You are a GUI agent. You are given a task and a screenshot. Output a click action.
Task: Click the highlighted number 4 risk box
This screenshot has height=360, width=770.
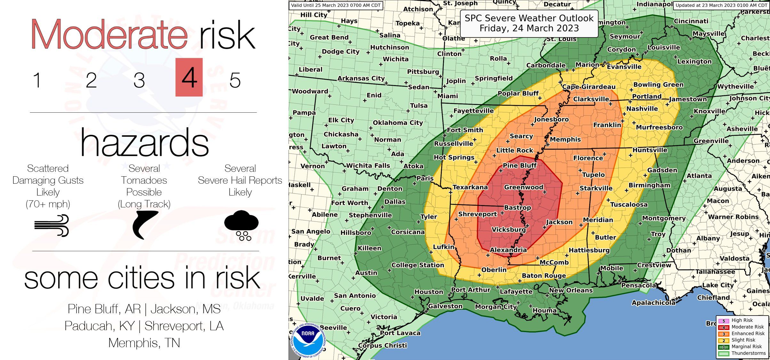[189, 77]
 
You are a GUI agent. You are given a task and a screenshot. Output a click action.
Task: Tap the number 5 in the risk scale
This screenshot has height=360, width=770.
[235, 80]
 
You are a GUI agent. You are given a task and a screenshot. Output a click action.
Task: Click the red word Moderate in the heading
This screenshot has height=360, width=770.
[109, 35]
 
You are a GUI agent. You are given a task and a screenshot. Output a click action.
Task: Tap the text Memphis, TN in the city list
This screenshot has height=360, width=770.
[144, 343]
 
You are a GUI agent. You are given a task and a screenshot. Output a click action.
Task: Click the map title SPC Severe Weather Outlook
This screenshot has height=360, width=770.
[529, 23]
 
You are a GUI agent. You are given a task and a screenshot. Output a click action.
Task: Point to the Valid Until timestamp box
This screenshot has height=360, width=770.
[336, 5]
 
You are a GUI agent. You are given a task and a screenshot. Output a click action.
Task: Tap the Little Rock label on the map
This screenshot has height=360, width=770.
[514, 150]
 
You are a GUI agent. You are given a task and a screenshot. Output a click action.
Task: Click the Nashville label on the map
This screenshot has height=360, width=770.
[642, 109]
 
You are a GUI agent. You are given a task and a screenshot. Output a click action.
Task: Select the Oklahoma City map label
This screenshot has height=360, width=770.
[398, 123]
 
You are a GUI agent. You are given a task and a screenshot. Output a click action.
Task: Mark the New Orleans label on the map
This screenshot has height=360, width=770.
[571, 290]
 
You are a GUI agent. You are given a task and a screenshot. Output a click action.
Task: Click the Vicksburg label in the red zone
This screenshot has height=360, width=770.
[508, 229]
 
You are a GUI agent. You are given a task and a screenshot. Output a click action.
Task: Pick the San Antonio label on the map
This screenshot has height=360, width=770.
[355, 296]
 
